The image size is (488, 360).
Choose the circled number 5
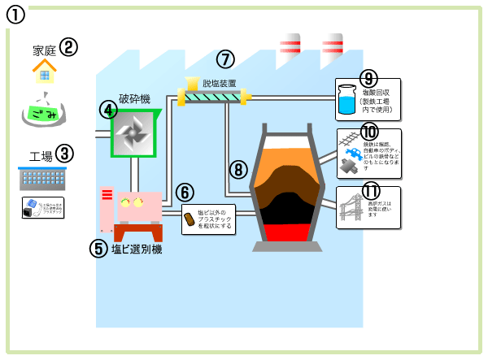pyautogui.click(x=98, y=249)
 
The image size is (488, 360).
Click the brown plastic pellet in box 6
pyautogui.click(x=189, y=219)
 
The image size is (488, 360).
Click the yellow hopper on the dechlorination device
pyautogui.click(x=192, y=84)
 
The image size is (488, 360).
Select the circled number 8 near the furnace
pyautogui.click(x=238, y=169)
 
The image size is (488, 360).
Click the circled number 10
pyautogui.click(x=369, y=132)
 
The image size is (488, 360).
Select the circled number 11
pyautogui.click(x=371, y=192)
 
